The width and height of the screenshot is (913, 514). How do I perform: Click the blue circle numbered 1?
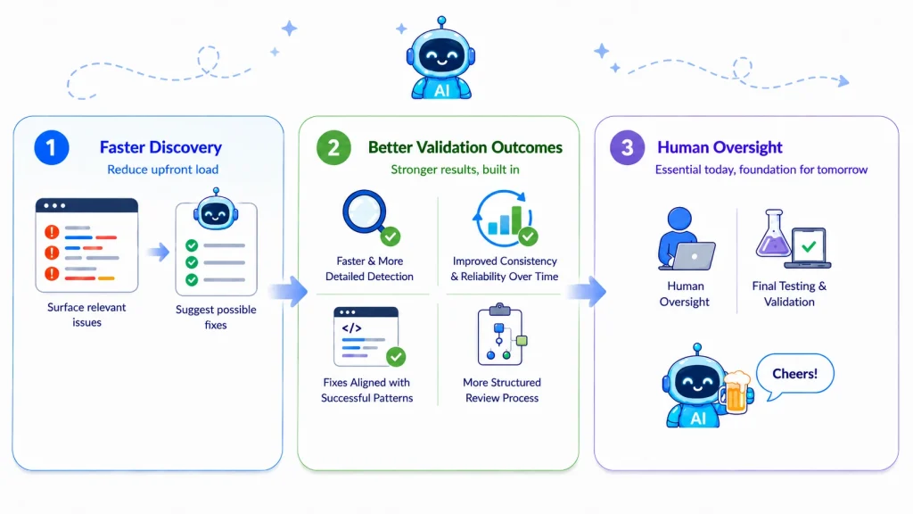[51, 147]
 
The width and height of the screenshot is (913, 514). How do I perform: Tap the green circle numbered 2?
[333, 147]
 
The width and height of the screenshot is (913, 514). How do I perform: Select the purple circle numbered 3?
[627, 147]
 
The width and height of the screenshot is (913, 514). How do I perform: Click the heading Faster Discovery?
[160, 147]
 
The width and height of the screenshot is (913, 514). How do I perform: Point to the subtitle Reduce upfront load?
[162, 170]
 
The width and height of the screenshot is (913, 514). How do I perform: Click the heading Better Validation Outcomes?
[465, 147]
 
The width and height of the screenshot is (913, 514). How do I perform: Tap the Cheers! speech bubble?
[794, 375]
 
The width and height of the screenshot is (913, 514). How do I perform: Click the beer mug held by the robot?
[736, 393]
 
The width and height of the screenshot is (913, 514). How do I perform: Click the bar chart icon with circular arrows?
[505, 219]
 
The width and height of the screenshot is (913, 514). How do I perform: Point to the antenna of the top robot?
[442, 22]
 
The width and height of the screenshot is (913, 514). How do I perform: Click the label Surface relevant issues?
[86, 315]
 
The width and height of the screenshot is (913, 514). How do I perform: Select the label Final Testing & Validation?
[789, 294]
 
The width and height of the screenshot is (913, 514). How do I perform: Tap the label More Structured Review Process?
[502, 390]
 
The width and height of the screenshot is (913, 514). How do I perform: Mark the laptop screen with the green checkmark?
[808, 247]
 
